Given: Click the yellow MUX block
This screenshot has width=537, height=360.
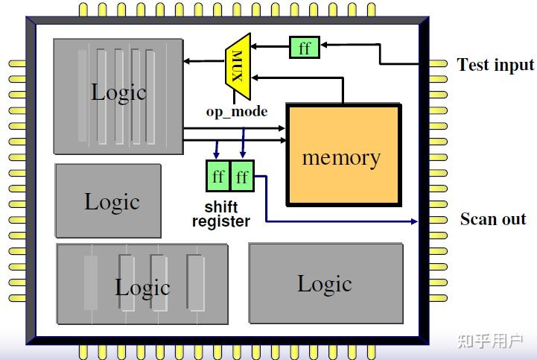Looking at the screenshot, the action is (x=238, y=66).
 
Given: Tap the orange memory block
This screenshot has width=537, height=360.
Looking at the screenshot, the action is (x=343, y=154).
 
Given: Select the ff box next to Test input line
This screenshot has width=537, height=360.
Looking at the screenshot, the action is (x=305, y=47).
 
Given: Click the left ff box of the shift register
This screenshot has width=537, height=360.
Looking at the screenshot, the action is (x=217, y=176).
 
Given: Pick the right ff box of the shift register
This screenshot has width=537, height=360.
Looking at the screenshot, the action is (x=242, y=176).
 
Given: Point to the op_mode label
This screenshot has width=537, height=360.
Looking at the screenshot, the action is (x=237, y=112).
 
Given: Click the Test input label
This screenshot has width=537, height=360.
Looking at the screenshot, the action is (x=495, y=64).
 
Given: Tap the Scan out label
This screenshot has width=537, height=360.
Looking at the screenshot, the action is (x=493, y=218).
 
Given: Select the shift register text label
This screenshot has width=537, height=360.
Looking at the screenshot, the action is (x=221, y=215).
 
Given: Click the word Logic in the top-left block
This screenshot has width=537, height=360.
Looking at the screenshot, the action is (x=119, y=92).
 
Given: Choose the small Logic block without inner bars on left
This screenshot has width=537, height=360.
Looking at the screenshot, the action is (x=108, y=201).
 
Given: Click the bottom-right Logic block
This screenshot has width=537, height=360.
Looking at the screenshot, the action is (x=326, y=283).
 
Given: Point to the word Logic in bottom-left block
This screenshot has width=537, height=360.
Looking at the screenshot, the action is (x=142, y=287).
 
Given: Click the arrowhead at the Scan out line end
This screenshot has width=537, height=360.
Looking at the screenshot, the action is (x=414, y=221).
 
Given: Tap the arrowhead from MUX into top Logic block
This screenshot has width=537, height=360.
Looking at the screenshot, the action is (x=187, y=61).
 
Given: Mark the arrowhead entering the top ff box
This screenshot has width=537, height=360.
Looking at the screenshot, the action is (x=324, y=45).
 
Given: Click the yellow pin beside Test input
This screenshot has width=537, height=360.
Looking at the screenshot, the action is (x=438, y=64).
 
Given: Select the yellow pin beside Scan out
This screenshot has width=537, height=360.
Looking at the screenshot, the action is (x=438, y=220).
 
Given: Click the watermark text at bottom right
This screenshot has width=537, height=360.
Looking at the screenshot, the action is (x=490, y=341).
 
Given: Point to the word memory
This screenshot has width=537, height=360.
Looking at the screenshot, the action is (x=341, y=158).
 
